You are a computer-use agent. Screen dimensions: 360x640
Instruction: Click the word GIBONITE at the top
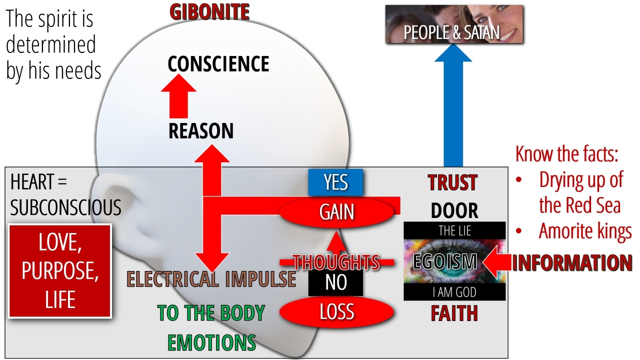(x=209, y=12)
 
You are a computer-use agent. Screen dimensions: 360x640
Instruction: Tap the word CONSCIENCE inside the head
(x=218, y=64)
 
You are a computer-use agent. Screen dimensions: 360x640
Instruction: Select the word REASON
(x=201, y=131)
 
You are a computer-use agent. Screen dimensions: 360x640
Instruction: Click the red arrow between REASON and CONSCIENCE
(x=178, y=96)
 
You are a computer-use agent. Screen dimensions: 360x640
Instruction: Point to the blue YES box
(x=335, y=182)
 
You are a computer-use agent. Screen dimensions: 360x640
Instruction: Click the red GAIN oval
(x=337, y=212)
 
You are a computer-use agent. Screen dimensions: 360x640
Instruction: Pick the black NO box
(x=335, y=282)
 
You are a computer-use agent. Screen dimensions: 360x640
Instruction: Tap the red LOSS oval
(x=336, y=312)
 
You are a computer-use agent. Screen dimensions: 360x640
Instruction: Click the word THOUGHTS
(x=336, y=262)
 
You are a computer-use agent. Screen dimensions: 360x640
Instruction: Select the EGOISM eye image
(x=454, y=261)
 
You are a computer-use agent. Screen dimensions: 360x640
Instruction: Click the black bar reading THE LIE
(x=454, y=230)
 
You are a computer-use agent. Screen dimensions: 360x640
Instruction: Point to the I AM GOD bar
(x=454, y=292)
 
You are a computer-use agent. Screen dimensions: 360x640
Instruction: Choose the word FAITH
(x=454, y=313)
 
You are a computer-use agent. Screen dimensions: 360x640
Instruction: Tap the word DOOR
(x=454, y=210)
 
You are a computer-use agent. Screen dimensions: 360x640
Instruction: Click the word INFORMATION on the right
(x=572, y=263)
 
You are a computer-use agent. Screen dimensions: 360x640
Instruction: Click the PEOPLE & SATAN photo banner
(x=454, y=24)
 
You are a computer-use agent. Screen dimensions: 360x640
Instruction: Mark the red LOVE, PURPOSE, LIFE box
(x=60, y=271)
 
